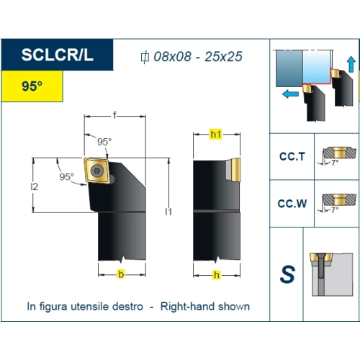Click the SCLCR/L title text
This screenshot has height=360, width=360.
[x=57, y=55]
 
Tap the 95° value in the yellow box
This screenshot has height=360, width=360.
[x=32, y=86]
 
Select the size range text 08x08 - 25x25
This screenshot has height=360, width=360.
[x=198, y=57]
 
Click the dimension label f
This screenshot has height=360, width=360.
[x=114, y=115]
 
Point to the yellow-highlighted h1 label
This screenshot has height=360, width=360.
[x=215, y=135]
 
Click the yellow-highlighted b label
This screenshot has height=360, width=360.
[x=121, y=274]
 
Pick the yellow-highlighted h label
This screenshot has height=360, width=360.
[x=217, y=275]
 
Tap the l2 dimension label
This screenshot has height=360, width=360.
[x=35, y=186]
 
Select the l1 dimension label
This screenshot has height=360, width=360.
[x=168, y=212]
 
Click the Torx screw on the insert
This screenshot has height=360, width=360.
[x=97, y=171]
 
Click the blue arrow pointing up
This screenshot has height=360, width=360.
[x=351, y=64]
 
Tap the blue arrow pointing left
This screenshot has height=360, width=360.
[x=290, y=94]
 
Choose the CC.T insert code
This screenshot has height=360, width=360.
[x=292, y=156]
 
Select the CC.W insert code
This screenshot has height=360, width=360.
[x=292, y=204]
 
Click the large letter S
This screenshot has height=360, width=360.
[x=287, y=274]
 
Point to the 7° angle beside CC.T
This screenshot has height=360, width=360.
[x=335, y=163]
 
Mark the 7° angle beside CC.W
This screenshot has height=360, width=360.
[x=335, y=210]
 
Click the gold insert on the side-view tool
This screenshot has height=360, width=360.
[x=235, y=170]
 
